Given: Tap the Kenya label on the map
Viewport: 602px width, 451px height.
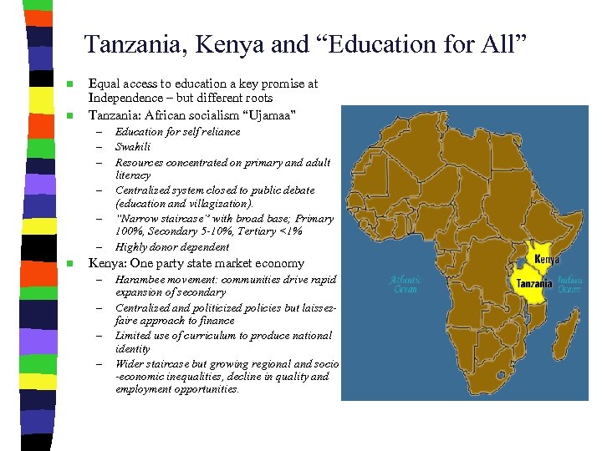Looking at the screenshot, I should (547, 260).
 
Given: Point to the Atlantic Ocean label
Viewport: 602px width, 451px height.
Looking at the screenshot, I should (407, 285).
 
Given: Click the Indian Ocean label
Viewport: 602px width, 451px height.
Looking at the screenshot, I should (569, 285).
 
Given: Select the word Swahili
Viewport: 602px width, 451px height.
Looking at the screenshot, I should (133, 147).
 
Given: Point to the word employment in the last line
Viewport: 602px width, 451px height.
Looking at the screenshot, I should (145, 389).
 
